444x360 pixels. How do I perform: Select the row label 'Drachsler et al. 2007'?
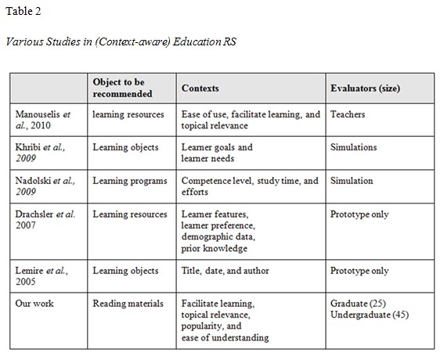tap(45, 220)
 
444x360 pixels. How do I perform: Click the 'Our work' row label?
tap(36, 304)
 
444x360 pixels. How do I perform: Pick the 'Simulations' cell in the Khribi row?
tap(354, 147)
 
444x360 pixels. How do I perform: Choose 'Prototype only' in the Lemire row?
tap(359, 271)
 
